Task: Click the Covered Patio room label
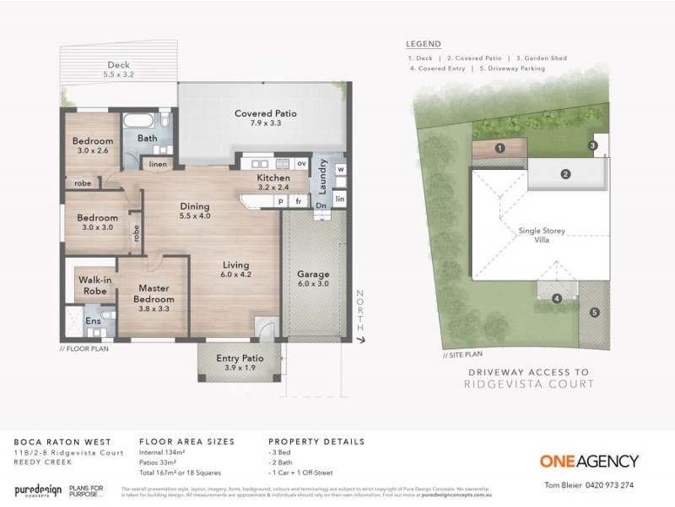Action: point(265,113)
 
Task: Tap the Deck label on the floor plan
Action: point(118,65)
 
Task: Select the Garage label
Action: point(312,275)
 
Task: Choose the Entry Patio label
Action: point(240,357)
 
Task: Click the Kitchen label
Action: point(273,178)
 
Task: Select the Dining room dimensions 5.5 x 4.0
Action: point(195,215)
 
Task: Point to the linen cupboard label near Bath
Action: point(158,164)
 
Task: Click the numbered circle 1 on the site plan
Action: point(499,148)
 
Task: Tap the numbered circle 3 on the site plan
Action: point(593,145)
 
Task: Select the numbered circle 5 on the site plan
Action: point(594,313)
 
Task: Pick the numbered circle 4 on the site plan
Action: point(556,298)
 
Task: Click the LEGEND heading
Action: point(422,43)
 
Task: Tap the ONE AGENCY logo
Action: point(590,461)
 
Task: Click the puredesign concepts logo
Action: point(40,490)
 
